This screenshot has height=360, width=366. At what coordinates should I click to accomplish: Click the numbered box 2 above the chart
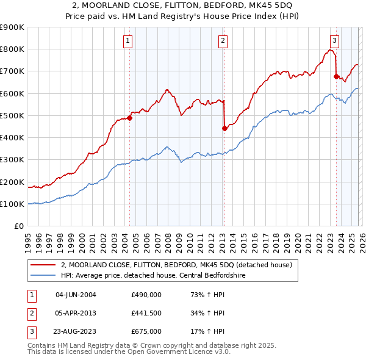(x=223, y=41)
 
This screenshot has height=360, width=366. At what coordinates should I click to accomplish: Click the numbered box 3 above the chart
(x=335, y=41)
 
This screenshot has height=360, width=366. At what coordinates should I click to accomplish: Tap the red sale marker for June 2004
(x=129, y=118)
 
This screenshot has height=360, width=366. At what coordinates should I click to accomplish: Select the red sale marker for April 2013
(x=224, y=128)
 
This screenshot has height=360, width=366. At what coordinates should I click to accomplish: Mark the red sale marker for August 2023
(x=336, y=76)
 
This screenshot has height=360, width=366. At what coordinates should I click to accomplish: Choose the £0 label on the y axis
(x=19, y=226)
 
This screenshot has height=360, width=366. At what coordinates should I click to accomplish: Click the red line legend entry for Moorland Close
(x=177, y=265)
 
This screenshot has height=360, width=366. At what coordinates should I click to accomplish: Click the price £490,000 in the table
(x=146, y=294)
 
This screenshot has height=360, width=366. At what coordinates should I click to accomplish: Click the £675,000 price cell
(x=146, y=331)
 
